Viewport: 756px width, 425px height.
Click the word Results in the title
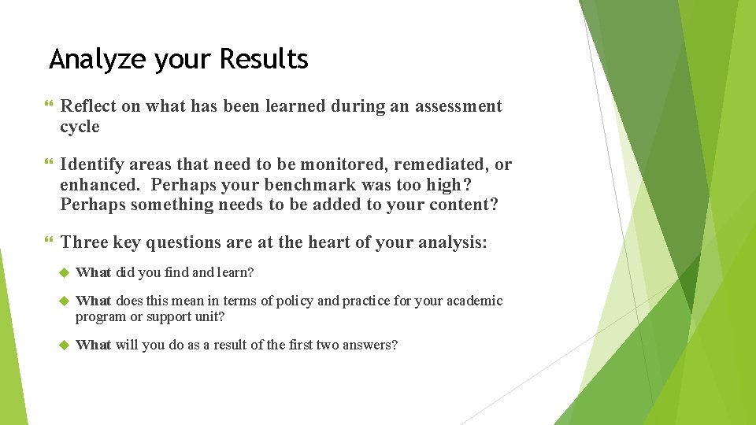[x=264, y=59]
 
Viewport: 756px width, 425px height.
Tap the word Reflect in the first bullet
[x=87, y=106]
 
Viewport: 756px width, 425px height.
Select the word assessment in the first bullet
[x=458, y=106]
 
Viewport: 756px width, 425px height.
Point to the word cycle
[x=80, y=127]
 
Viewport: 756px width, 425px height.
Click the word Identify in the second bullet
[x=91, y=164]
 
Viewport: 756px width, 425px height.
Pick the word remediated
[x=439, y=164]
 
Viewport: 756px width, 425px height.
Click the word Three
[x=83, y=243]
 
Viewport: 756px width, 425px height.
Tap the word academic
[x=476, y=301]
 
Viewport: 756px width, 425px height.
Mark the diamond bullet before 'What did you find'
[x=65, y=272]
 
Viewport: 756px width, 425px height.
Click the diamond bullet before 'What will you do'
[x=65, y=345]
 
